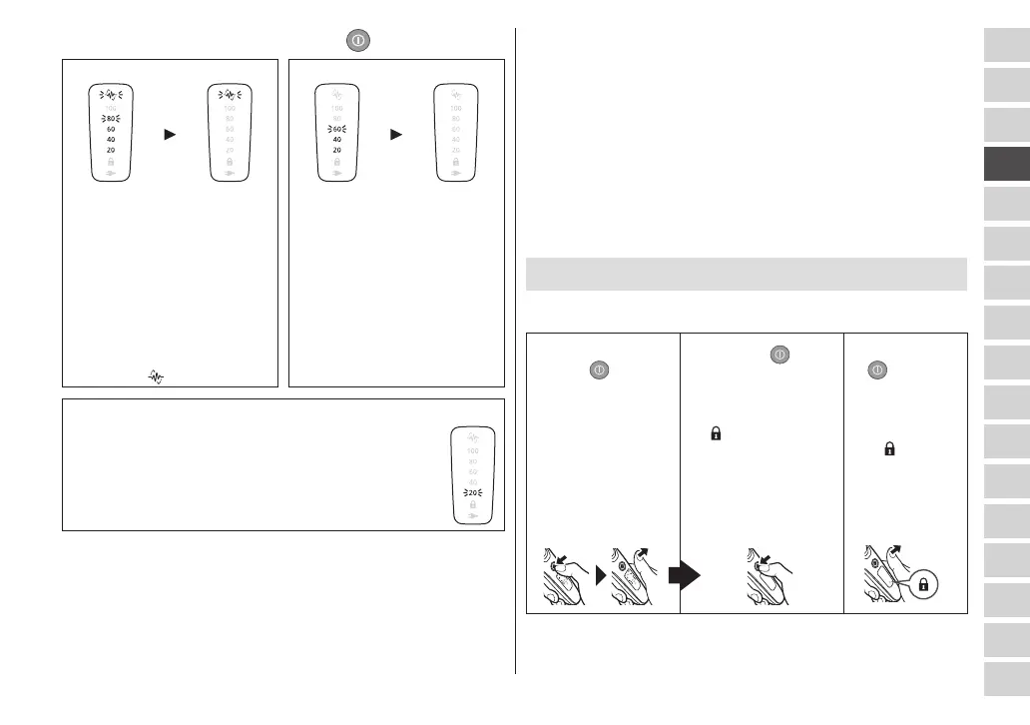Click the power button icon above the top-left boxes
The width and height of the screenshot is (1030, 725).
(x=359, y=40)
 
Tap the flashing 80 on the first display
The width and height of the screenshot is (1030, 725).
(x=111, y=118)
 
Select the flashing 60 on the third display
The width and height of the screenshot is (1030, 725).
(x=337, y=129)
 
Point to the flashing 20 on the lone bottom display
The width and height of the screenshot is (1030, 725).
(x=472, y=493)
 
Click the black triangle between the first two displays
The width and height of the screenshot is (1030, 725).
(x=171, y=134)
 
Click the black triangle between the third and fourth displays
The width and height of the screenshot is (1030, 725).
(x=396, y=134)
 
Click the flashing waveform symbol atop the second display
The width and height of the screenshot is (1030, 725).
(x=230, y=96)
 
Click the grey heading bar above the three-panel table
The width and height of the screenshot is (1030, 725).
(x=746, y=274)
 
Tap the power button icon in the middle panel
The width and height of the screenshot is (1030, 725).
(x=779, y=354)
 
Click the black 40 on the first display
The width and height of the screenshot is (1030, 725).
(x=111, y=140)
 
